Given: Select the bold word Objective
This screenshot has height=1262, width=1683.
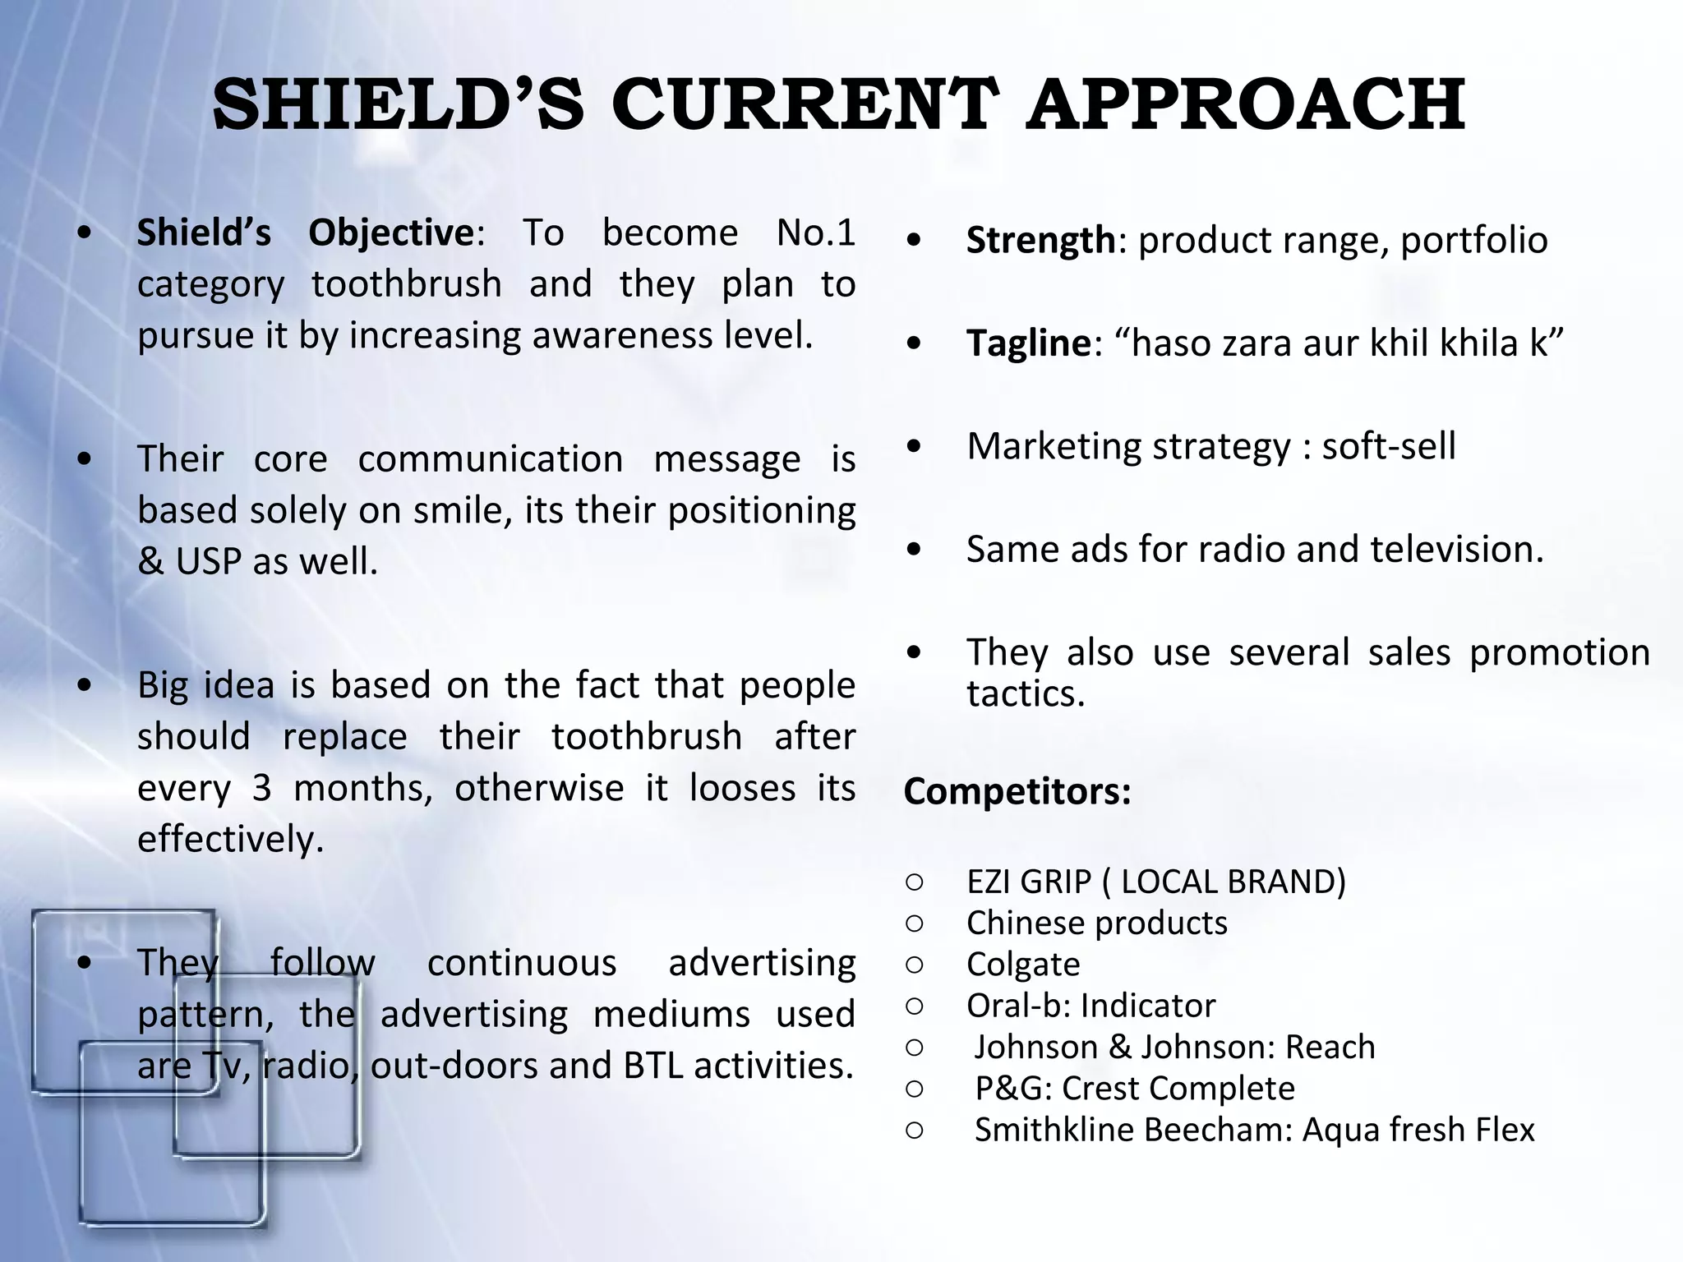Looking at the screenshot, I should pyautogui.click(x=390, y=233).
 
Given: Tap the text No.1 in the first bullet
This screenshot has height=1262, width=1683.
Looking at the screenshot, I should pyautogui.click(x=815, y=233).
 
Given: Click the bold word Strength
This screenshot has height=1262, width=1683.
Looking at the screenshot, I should pyautogui.click(x=1040, y=241).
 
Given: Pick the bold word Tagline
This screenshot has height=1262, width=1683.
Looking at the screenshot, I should pyautogui.click(x=1028, y=343).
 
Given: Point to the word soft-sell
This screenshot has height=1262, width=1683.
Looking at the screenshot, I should pyautogui.click(x=1388, y=447).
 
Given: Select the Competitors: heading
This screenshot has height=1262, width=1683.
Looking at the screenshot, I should pyautogui.click(x=1017, y=792).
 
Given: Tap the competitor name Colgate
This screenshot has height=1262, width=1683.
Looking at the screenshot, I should pyautogui.click(x=1023, y=965).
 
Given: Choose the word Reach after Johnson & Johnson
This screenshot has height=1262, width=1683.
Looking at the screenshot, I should pyautogui.click(x=1330, y=1048).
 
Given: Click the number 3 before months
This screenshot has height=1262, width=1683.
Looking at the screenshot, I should pyautogui.click(x=261, y=789).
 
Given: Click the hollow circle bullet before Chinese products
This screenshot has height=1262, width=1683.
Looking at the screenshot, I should pyautogui.click(x=915, y=923).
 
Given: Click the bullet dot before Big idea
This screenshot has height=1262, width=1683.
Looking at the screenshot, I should pyautogui.click(x=84, y=685).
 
